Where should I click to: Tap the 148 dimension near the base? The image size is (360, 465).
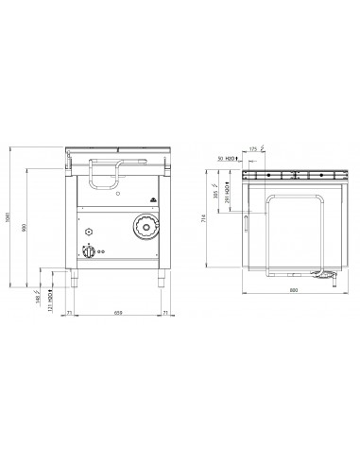(39, 293)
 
